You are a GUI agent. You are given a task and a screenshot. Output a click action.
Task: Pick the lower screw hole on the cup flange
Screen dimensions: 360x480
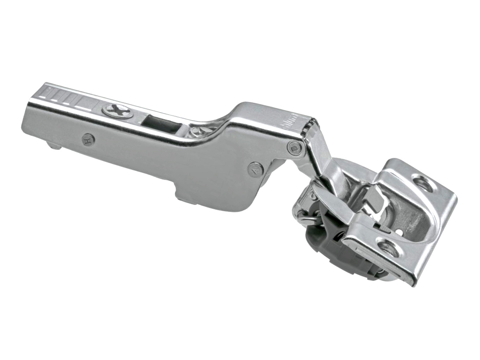[x=389, y=252]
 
